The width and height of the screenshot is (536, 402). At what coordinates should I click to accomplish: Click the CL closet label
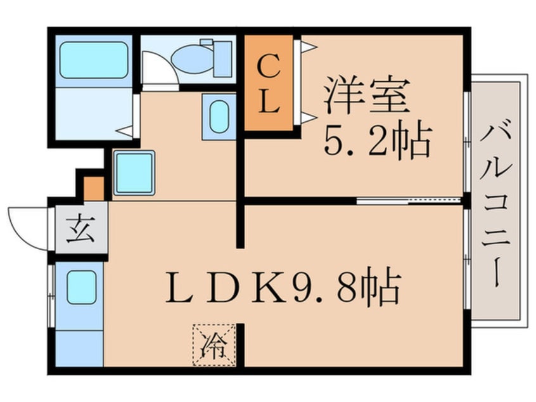[269, 82]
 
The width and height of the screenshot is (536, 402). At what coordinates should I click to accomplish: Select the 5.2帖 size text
[378, 141]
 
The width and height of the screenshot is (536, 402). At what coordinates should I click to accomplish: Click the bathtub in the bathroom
[94, 61]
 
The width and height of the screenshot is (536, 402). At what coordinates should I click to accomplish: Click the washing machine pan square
[134, 172]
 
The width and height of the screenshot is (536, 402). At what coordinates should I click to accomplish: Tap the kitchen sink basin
[81, 287]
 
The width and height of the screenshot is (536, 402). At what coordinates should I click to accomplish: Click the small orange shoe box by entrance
[94, 188]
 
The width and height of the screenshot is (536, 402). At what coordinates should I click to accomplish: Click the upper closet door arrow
[307, 46]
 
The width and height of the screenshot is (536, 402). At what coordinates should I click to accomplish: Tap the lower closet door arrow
[307, 117]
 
